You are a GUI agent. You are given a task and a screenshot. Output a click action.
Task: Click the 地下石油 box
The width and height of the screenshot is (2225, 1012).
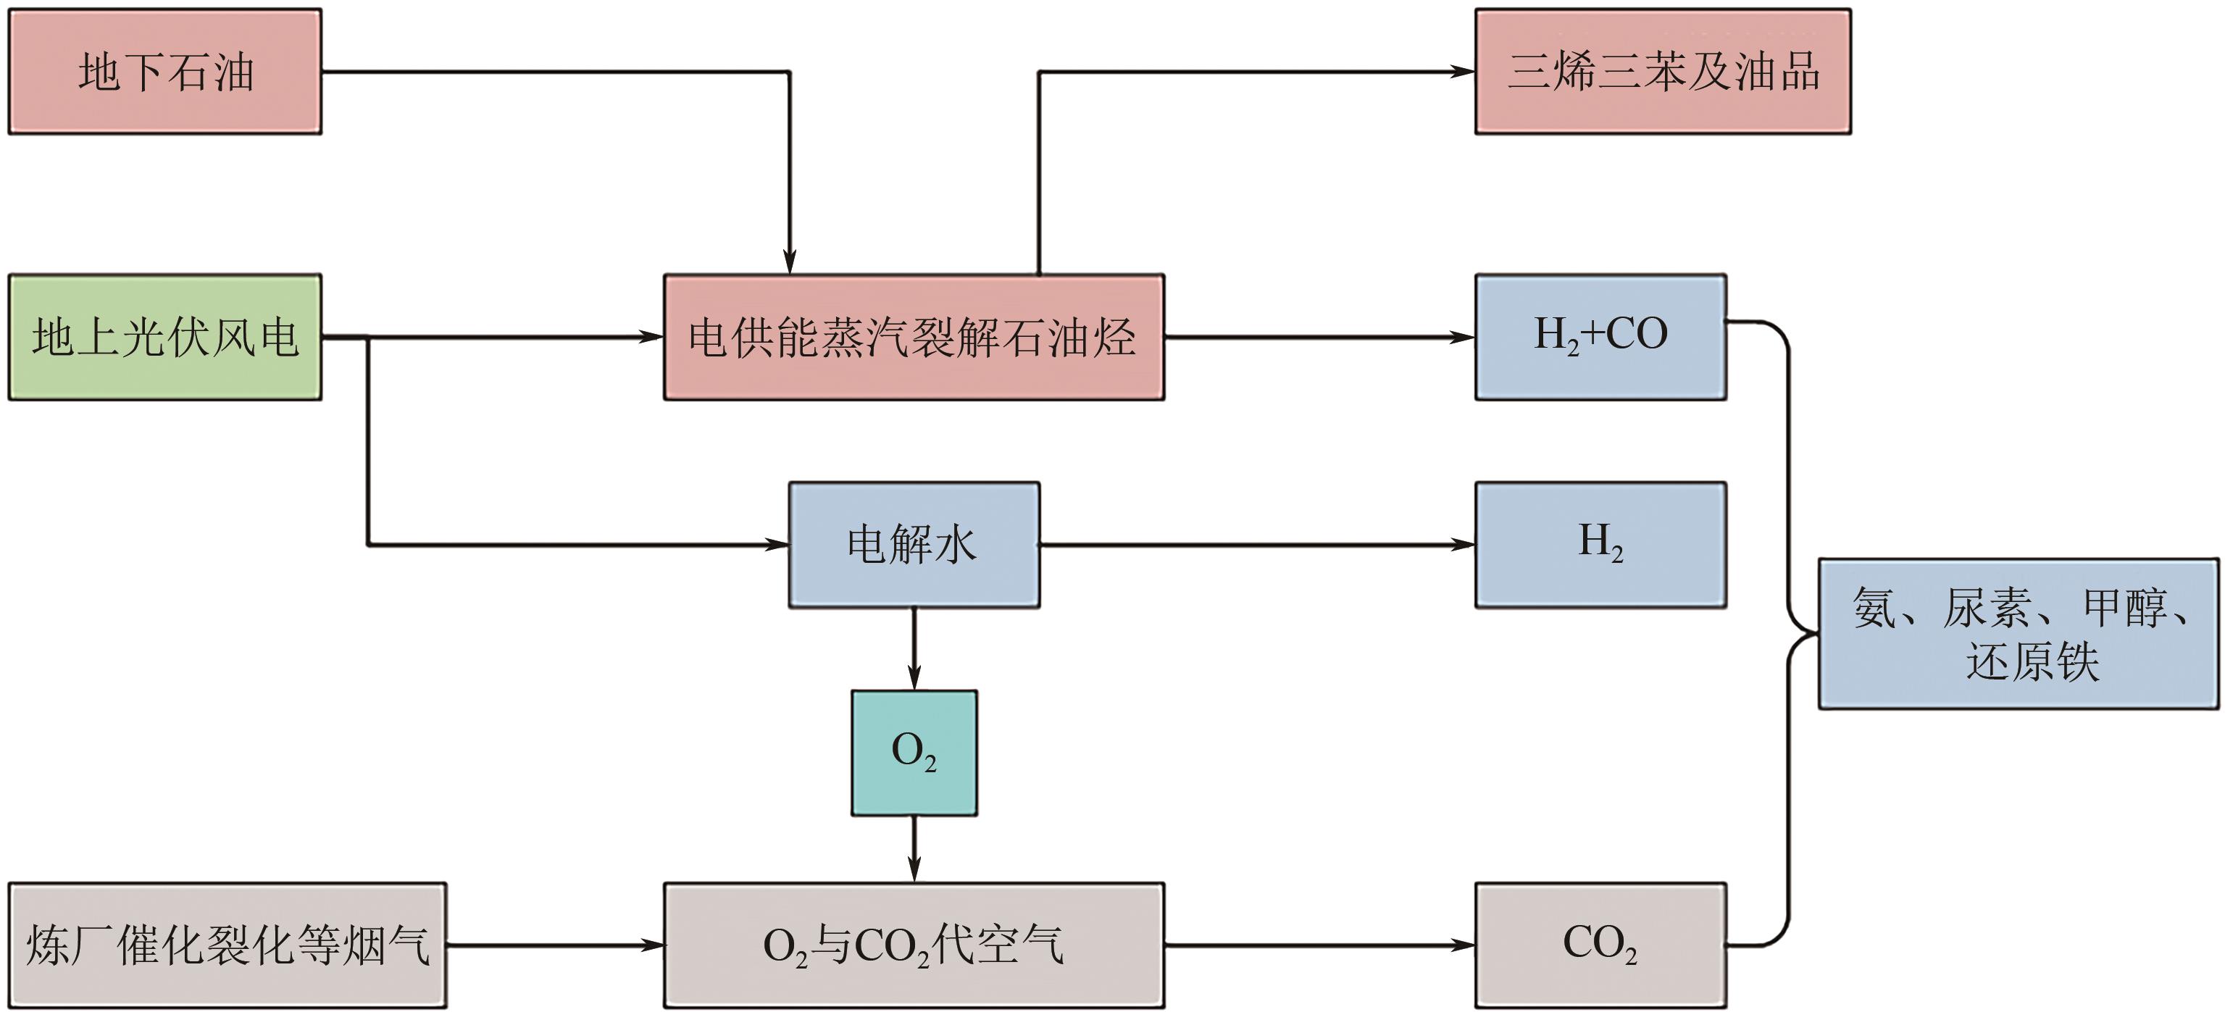click(165, 72)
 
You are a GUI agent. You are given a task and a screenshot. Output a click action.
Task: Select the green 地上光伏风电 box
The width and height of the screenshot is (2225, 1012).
click(165, 337)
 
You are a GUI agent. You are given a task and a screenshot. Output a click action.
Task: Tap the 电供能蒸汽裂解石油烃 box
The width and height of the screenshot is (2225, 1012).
click(914, 337)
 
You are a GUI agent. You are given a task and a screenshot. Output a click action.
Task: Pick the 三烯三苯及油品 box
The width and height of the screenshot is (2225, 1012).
click(1663, 72)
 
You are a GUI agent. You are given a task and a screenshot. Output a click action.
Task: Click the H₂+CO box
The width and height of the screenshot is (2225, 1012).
click(1600, 337)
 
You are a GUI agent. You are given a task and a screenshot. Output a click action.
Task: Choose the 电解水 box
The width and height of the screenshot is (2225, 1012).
click(914, 545)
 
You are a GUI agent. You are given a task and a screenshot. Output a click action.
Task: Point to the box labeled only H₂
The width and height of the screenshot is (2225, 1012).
click(1600, 545)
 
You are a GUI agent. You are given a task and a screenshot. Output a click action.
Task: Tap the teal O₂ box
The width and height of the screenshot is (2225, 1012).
click(914, 752)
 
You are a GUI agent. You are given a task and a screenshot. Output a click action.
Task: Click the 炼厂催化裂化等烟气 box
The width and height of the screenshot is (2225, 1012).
click(227, 945)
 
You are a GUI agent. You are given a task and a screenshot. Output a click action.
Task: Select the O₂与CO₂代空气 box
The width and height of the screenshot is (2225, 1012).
click(914, 945)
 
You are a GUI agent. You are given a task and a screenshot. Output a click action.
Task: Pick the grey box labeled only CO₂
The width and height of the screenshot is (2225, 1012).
click(1600, 945)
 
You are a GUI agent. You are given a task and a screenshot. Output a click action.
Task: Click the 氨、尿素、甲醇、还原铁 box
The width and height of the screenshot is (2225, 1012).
click(2019, 634)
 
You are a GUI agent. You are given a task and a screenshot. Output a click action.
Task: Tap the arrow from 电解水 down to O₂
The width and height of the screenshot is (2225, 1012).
click(914, 648)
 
